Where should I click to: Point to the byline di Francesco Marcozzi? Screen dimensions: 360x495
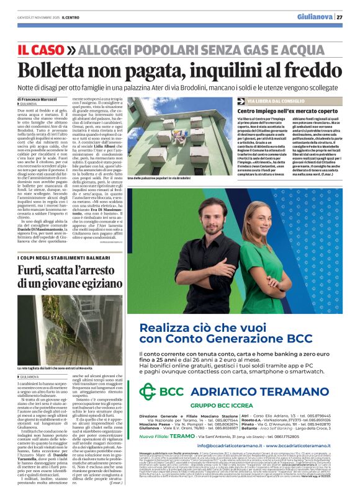[38, 99]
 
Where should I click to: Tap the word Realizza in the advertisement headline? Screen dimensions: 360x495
[163, 327]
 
